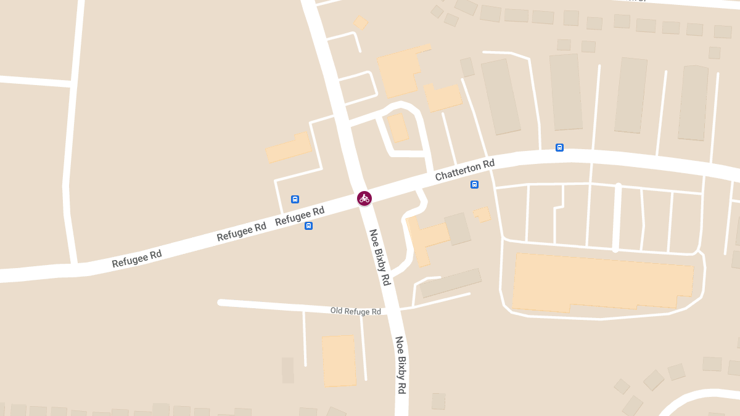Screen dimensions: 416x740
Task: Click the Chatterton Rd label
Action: [x=464, y=169]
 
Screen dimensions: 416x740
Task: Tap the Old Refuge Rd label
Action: [x=355, y=311]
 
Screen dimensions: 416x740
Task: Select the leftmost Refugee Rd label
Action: [x=137, y=258]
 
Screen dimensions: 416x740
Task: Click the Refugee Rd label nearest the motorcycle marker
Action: [x=300, y=216]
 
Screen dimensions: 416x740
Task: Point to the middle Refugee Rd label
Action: [x=241, y=231]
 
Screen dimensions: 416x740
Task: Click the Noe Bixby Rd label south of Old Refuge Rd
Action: [x=401, y=365]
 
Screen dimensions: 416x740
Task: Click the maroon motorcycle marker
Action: [x=364, y=198]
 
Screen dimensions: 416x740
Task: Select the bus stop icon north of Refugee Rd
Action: [x=295, y=199]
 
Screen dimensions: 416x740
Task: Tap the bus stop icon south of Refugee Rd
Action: [x=308, y=226]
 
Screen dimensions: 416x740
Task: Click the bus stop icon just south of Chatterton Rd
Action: [x=474, y=184]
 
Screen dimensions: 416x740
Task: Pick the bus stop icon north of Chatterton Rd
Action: [x=559, y=147]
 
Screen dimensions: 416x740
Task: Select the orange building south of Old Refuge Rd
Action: [x=339, y=361]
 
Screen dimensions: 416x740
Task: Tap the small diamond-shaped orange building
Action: [x=361, y=22]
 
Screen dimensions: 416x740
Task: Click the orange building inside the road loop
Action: [x=398, y=128]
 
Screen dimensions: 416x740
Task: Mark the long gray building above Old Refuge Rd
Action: [x=450, y=283]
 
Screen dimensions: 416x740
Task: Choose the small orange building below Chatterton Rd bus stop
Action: [x=482, y=214]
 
